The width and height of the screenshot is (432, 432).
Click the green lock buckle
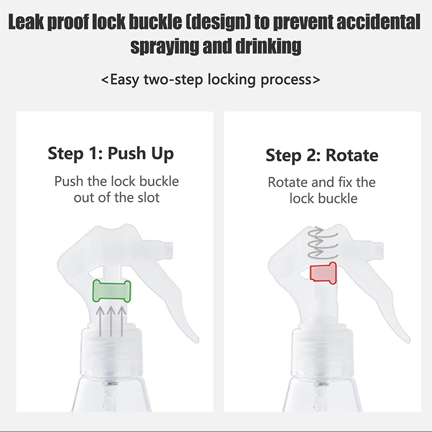(112, 291)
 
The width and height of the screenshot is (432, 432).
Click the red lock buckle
(323, 273)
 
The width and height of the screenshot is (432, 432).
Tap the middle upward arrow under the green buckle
(111, 321)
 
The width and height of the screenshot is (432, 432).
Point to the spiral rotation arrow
(323, 242)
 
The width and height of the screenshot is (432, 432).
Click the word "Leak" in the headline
(26, 22)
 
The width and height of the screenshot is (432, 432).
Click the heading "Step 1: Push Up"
(111, 153)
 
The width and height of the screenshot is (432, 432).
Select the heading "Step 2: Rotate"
(322, 155)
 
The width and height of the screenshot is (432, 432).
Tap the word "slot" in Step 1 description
(148, 198)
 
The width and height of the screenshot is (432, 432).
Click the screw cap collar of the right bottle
(322, 353)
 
